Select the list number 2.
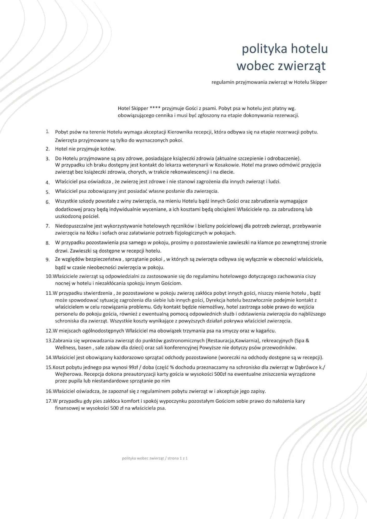(x=47, y=149)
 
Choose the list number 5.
(x=47, y=192)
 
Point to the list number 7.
(x=47, y=226)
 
